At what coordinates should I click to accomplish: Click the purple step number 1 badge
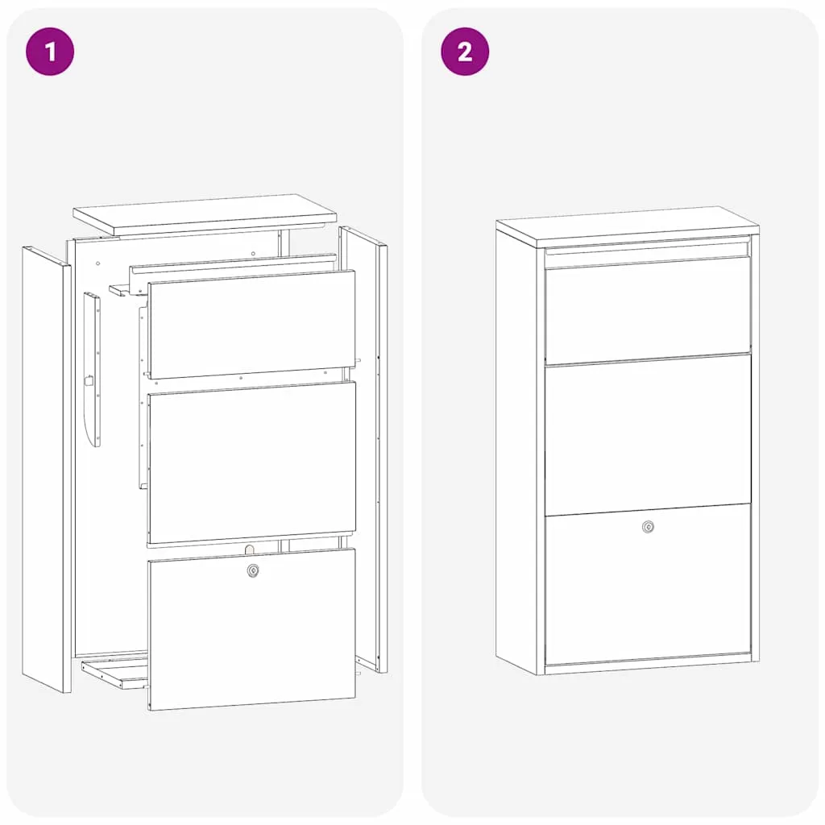pos(50,52)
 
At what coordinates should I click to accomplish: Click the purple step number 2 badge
pos(465,52)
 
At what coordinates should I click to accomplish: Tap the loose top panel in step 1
pos(205,214)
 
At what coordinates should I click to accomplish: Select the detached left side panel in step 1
pos(46,470)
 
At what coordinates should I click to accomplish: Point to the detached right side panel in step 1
pos(363,450)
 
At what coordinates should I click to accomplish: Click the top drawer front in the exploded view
pos(251,324)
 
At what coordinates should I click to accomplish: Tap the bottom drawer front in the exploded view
pos(251,629)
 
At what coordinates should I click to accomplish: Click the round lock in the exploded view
pos(253,570)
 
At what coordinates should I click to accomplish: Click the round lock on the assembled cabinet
pos(649,527)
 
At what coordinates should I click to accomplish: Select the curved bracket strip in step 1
pos(92,369)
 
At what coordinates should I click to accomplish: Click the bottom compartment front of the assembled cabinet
pos(649,585)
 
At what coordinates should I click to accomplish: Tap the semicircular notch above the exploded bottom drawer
pos(250,549)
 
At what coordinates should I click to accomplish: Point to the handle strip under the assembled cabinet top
pos(648,247)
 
